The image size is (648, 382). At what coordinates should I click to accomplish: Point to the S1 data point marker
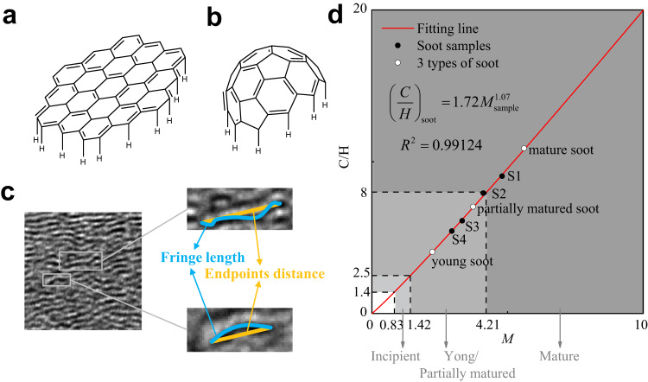tap(502, 175)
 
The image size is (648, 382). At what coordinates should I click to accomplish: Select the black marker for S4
tap(452, 231)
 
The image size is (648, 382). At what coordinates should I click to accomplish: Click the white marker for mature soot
tap(524, 148)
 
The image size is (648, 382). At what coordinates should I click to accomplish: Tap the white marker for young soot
tap(432, 251)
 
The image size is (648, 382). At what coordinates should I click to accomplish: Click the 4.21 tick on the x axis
tap(486, 326)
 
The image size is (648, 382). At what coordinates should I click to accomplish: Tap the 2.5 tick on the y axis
tap(362, 275)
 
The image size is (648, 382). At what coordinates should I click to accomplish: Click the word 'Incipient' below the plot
tap(396, 356)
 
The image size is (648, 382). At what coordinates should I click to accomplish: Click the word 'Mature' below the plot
tap(560, 356)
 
